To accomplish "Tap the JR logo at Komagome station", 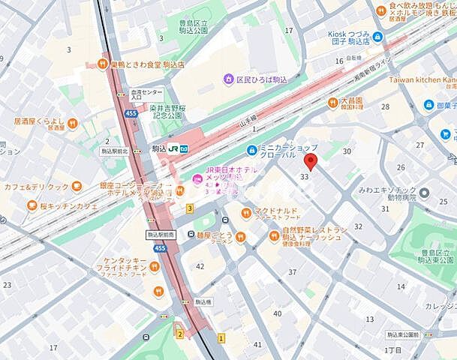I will click(172, 148).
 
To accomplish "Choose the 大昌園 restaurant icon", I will click(332, 103).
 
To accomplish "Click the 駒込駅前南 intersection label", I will click(161, 235).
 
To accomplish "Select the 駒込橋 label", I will click(202, 301).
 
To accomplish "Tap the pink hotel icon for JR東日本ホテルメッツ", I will click(197, 178).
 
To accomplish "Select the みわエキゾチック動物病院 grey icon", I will click(424, 193).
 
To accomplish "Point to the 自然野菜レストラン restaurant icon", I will click(275, 236).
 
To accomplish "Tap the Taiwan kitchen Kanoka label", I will click(424, 79).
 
